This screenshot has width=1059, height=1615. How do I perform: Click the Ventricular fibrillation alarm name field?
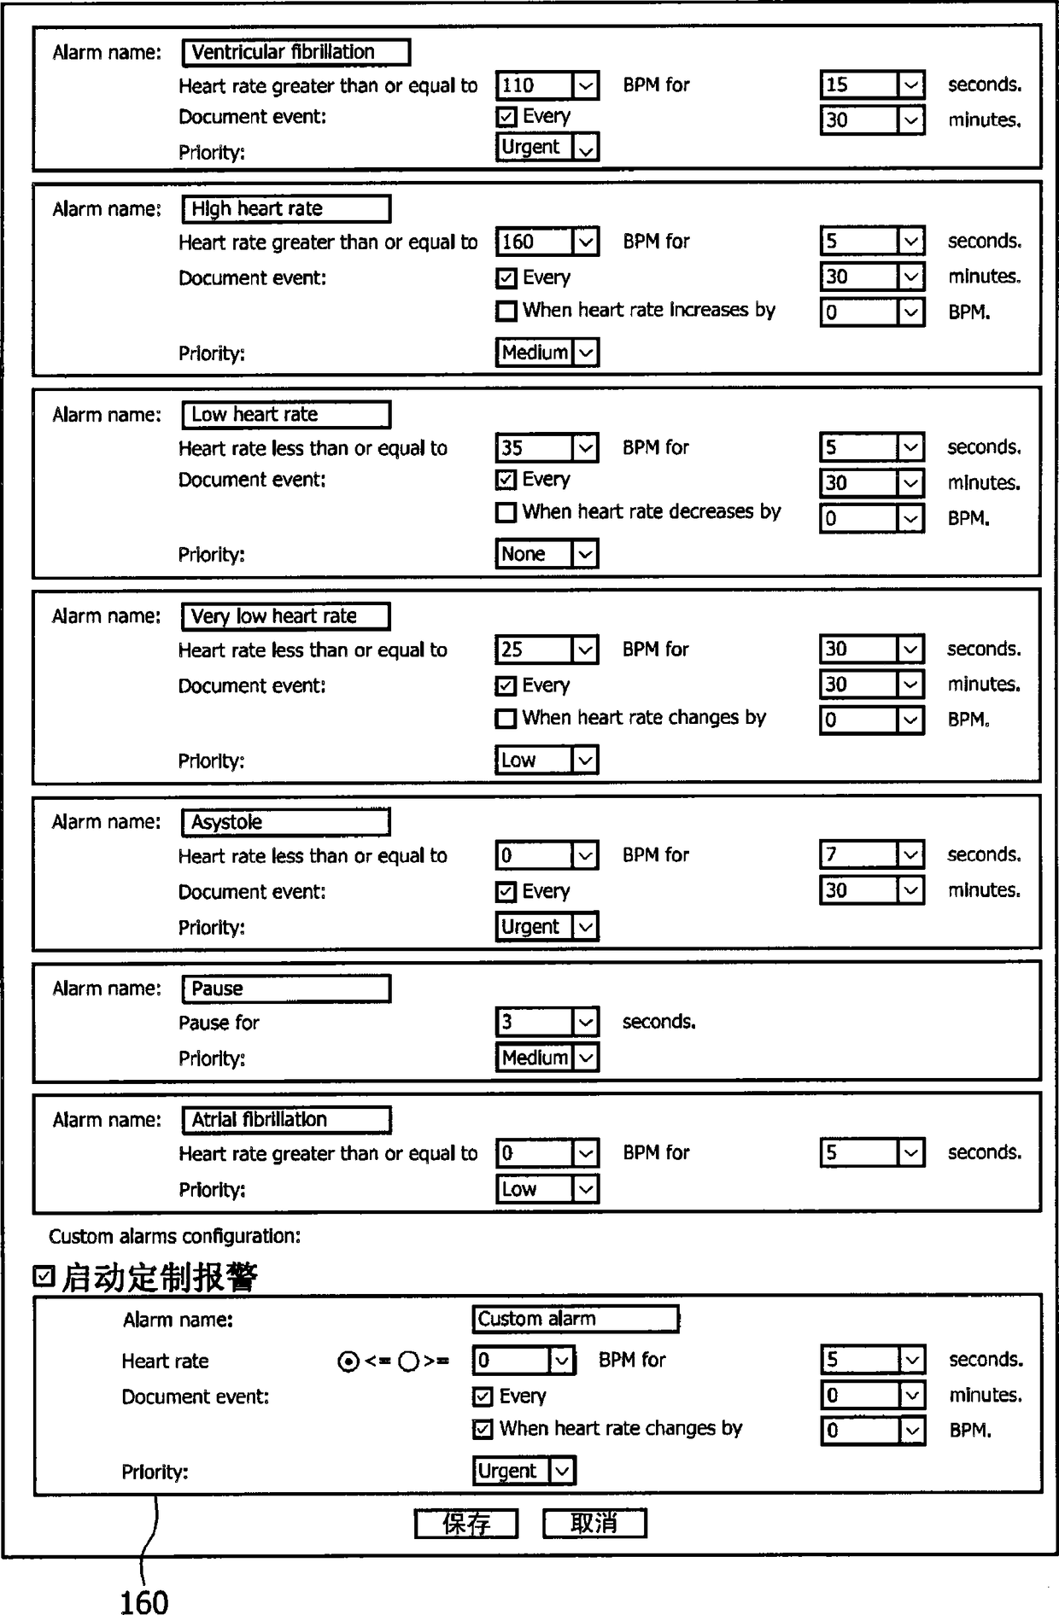(295, 52)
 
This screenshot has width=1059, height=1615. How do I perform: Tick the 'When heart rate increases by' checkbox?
(506, 311)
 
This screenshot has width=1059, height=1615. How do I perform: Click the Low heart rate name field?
(286, 415)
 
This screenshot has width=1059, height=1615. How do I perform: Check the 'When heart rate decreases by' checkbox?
(506, 512)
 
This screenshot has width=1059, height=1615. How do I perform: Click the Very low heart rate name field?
(285, 616)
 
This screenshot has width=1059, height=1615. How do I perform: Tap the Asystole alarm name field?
(285, 822)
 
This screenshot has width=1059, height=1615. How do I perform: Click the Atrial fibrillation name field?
(286, 1120)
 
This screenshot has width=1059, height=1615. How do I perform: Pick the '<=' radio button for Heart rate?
(348, 1361)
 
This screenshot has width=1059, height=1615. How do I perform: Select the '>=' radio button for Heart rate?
(408, 1361)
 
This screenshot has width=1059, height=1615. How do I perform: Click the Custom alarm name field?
(576, 1320)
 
